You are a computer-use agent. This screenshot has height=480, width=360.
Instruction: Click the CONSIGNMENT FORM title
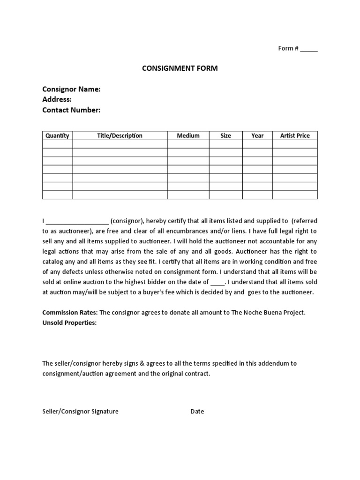click(180, 68)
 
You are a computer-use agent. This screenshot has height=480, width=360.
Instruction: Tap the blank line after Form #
click(309, 49)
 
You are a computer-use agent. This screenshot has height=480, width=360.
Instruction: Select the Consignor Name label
click(71, 89)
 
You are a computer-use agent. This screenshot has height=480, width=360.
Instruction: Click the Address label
click(57, 99)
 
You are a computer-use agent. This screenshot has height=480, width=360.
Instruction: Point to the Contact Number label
click(71, 110)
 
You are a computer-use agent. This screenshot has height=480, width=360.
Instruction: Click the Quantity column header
click(57, 135)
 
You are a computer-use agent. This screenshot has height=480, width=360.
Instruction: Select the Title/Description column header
click(120, 135)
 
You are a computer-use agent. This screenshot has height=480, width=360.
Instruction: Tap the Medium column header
click(188, 135)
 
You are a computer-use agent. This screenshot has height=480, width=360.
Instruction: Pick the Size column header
click(225, 135)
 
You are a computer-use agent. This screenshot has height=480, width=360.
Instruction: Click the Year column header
click(257, 135)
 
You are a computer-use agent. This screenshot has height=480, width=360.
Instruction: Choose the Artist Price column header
click(295, 135)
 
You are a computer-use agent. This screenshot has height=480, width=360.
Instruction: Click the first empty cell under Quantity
click(57, 144)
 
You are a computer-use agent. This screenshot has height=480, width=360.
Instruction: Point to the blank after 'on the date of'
click(217, 282)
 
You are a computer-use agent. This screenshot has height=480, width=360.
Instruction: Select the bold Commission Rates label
click(70, 313)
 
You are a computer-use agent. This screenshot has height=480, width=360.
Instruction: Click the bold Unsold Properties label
click(69, 323)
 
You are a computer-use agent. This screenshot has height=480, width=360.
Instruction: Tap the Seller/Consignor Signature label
click(80, 412)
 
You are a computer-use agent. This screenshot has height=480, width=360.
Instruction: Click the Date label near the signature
click(197, 412)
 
